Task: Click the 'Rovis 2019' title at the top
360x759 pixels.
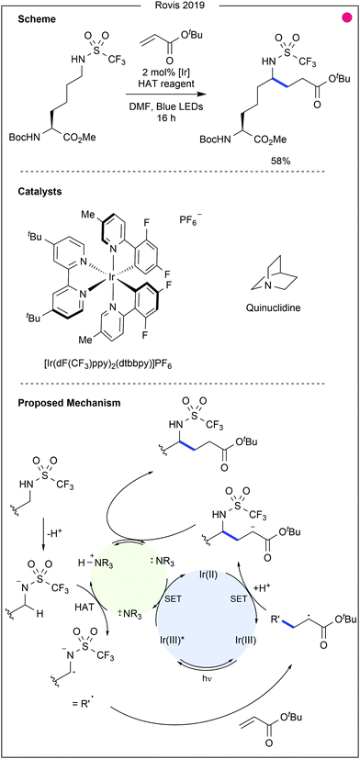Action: [180, 6]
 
